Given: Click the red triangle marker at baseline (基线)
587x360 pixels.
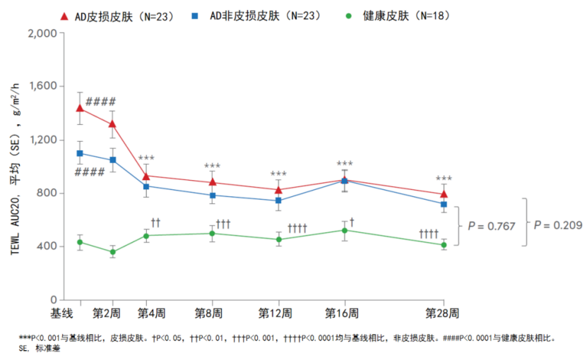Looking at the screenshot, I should point(80,108).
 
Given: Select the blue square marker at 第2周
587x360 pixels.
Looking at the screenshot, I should point(113,160).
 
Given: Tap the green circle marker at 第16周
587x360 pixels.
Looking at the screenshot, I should point(345,230).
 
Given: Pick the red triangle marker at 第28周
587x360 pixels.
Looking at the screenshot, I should point(444,193).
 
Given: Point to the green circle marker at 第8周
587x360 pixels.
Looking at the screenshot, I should point(212,233).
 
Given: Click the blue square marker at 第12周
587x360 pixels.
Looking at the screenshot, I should point(278,200).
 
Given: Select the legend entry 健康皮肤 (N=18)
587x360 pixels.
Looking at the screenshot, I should point(399,16).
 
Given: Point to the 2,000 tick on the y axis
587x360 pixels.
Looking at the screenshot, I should point(43,33).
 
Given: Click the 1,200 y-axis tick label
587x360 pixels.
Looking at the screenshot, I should point(43,140).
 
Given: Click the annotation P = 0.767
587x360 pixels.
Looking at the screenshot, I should point(492,226).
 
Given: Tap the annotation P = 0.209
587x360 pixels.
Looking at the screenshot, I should point(558,226).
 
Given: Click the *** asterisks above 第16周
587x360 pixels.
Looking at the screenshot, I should point(345,164).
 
